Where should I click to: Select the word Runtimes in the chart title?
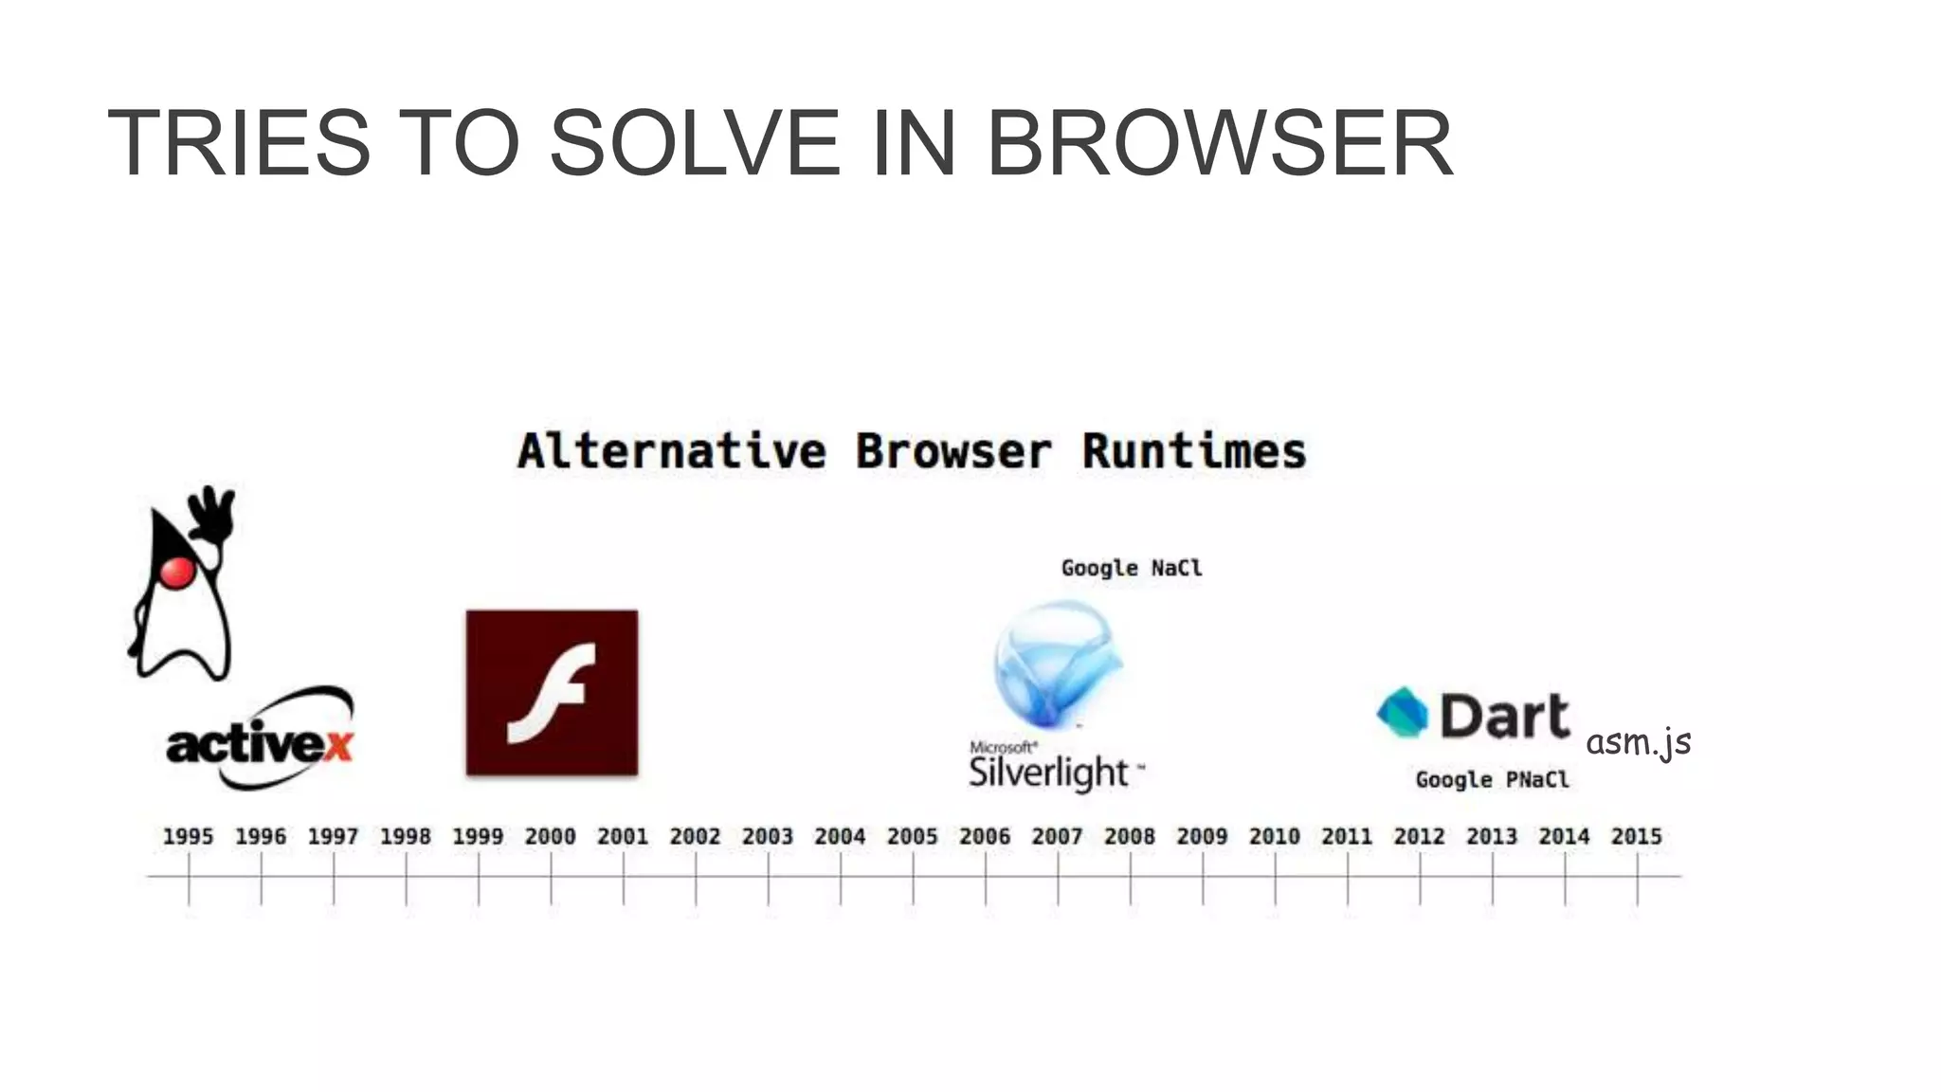(1194, 451)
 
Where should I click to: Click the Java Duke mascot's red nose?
(177, 572)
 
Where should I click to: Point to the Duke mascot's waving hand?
(213, 513)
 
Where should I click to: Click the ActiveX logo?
(259, 740)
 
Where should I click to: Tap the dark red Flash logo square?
(552, 692)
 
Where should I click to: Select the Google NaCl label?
(1131, 568)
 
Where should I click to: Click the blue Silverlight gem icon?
(1057, 663)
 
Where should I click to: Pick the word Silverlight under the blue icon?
(1048, 773)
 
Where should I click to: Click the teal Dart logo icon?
(1403, 712)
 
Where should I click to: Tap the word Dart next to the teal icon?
(1504, 716)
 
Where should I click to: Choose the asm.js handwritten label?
(1638, 742)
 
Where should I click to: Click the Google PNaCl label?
(1492, 779)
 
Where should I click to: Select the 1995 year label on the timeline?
(188, 836)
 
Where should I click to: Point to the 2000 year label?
(550, 836)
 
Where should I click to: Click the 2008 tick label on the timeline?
(1130, 836)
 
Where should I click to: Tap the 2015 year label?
(1637, 836)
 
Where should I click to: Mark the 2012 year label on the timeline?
(1419, 836)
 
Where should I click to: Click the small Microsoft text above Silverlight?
(1003, 748)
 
